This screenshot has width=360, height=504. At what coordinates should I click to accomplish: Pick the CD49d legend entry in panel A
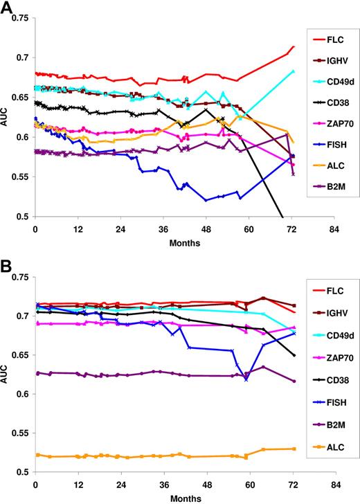click(339, 90)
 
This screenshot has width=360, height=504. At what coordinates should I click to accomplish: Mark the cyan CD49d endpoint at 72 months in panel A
click(293, 71)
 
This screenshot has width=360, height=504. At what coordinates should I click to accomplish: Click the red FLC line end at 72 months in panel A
click(294, 47)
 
